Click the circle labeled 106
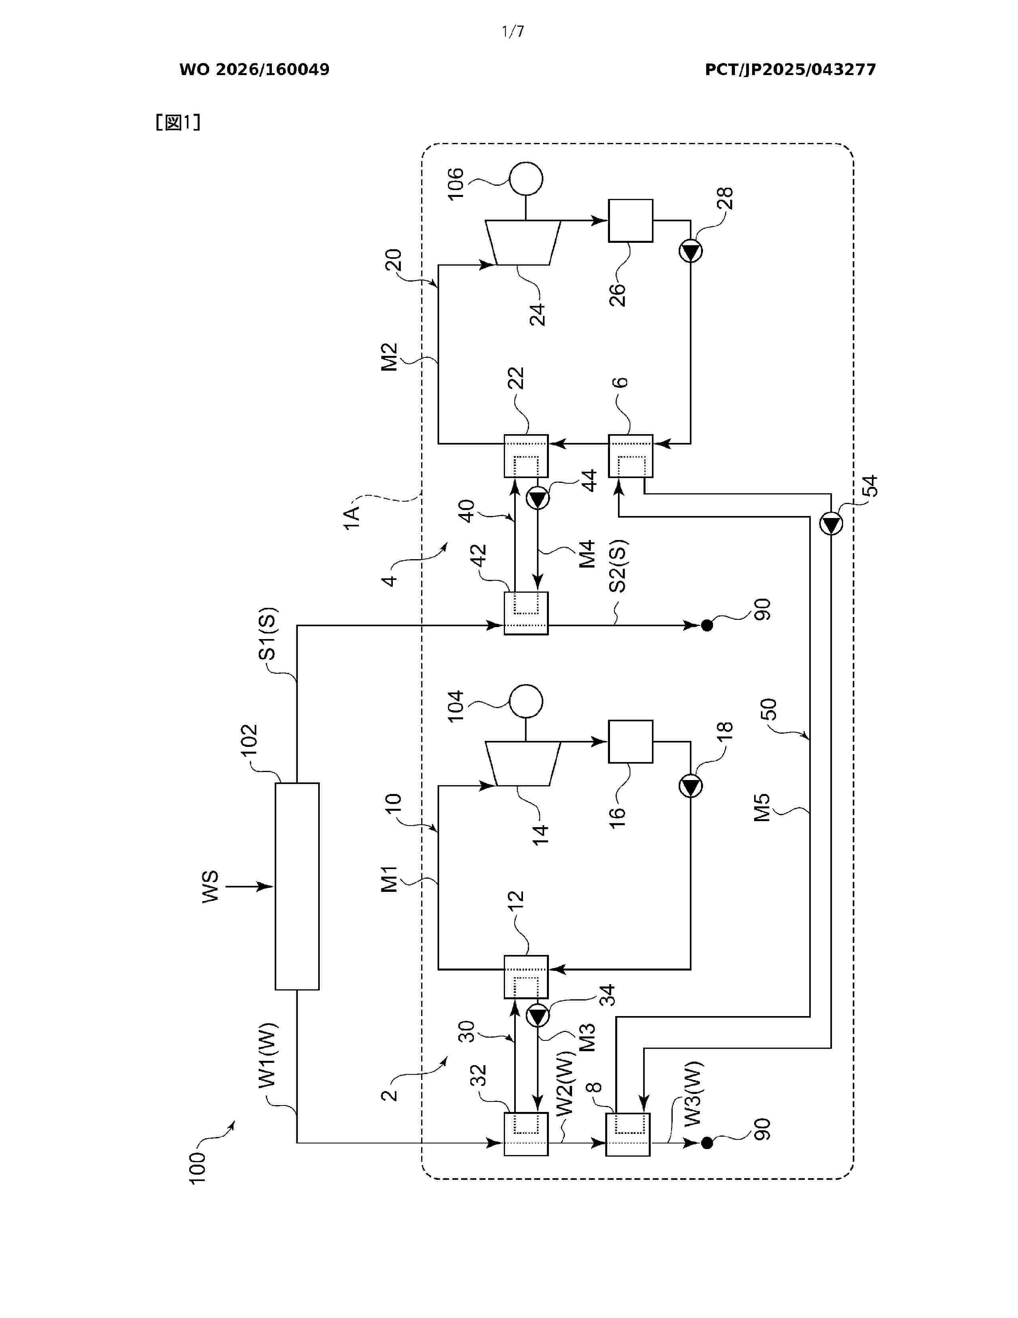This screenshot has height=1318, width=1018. (526, 179)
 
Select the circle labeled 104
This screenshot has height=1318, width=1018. (526, 701)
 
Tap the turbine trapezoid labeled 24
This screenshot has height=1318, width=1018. (523, 242)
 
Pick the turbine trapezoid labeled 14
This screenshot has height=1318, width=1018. (523, 763)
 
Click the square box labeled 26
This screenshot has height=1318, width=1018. (630, 220)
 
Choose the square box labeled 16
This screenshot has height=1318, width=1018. (630, 741)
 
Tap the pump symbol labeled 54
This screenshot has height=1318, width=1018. (831, 523)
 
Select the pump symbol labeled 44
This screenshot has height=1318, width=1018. (537, 498)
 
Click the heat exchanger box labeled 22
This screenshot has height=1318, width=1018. (526, 456)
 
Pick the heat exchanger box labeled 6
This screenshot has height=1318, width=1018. (630, 456)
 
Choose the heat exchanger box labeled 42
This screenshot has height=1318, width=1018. (526, 613)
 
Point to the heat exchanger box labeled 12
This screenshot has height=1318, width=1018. (526, 977)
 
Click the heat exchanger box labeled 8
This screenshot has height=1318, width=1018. (628, 1135)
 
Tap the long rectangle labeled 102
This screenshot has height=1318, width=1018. (297, 887)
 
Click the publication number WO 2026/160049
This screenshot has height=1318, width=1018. (255, 69)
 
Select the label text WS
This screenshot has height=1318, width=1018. (210, 887)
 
